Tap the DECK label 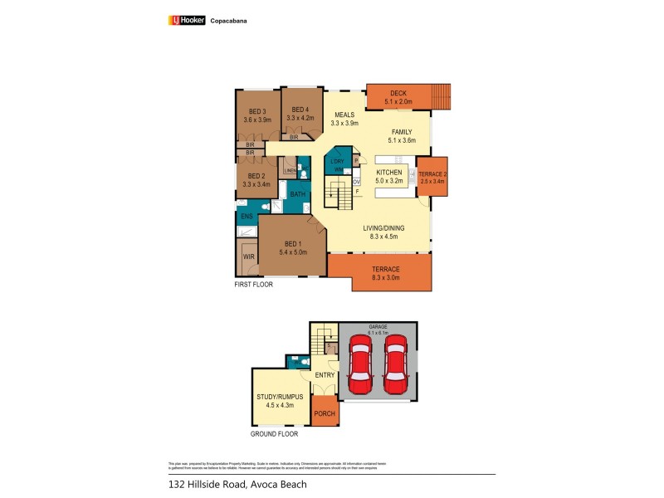(x=398, y=94)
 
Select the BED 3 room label (x=257, y=112)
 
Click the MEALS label (x=344, y=115)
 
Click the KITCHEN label (x=388, y=172)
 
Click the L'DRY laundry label (x=337, y=161)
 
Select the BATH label (x=297, y=194)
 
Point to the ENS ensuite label (x=247, y=217)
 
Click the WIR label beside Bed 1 (x=248, y=257)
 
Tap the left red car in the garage (x=361, y=364)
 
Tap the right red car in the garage (x=396, y=364)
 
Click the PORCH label (x=324, y=413)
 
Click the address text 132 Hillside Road (x=204, y=483)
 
